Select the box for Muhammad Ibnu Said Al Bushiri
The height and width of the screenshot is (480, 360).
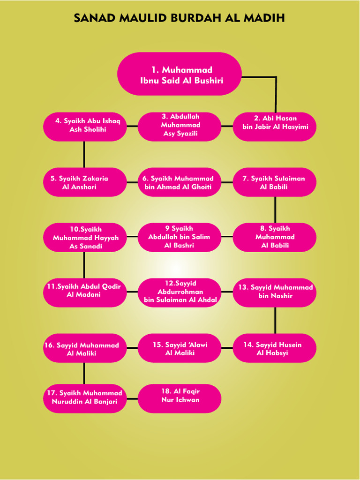(180, 74)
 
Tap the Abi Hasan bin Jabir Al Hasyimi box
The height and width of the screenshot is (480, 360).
(275, 126)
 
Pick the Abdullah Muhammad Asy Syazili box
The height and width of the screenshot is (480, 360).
(180, 126)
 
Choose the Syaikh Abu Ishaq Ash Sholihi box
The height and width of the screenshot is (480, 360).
(85, 126)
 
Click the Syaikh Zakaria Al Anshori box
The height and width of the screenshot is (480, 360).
(85, 182)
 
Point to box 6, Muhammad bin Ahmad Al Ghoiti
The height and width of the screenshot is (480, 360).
(180, 182)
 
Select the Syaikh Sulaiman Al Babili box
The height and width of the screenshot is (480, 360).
(275, 182)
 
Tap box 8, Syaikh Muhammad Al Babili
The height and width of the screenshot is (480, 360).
(275, 237)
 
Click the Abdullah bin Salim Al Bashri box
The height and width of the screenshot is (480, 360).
(180, 237)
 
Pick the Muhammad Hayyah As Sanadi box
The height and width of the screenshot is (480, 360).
(85, 237)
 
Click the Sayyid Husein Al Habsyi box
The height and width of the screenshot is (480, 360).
(275, 348)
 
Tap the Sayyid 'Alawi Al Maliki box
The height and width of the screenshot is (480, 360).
(180, 348)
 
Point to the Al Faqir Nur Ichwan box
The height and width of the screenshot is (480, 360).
(180, 398)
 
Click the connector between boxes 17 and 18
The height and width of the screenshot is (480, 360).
(132, 398)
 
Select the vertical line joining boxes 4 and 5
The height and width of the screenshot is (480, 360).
(84, 154)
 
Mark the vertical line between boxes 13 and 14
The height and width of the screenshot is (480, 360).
(275, 320)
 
